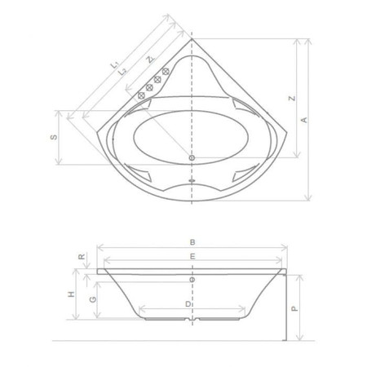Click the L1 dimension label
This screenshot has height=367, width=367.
click(x=115, y=64)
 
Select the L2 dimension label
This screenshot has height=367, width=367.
click(x=122, y=72)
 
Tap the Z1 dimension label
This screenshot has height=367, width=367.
click(x=150, y=59)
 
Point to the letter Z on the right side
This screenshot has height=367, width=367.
click(x=292, y=98)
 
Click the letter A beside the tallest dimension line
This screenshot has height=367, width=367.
click(x=304, y=120)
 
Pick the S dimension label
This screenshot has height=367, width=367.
click(x=54, y=137)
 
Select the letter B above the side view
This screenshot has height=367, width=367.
click(x=192, y=242)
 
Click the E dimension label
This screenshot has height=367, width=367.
click(x=192, y=256)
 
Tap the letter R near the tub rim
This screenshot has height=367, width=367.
click(x=82, y=256)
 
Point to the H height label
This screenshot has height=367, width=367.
click(x=71, y=294)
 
